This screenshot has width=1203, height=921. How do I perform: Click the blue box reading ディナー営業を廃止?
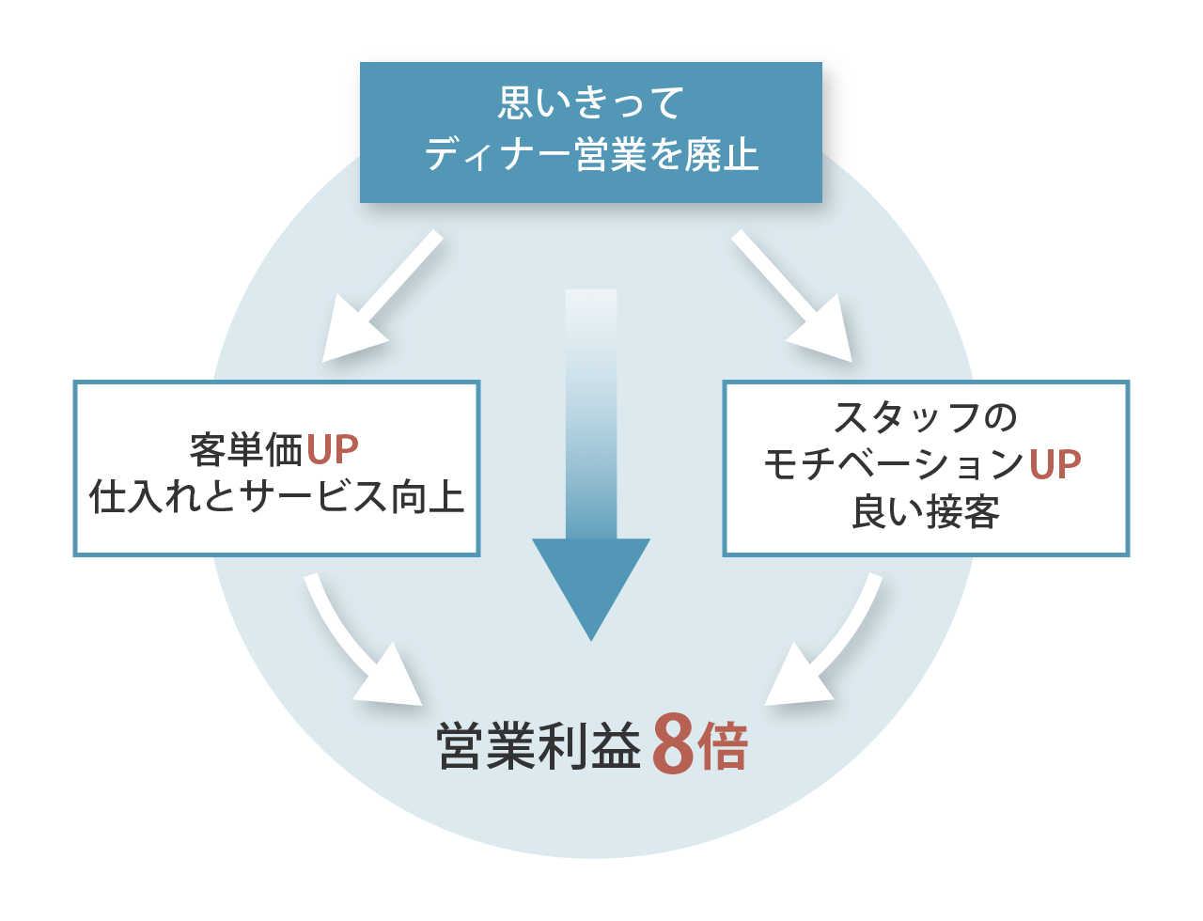coord(590,132)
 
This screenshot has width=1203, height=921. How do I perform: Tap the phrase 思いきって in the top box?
coord(590,102)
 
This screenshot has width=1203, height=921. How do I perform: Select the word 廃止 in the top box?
coord(721,155)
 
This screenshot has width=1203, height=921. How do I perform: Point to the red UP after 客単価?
coord(333,450)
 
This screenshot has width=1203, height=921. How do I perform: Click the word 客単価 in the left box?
coord(246,450)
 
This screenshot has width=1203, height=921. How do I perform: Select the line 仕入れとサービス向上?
coord(276,496)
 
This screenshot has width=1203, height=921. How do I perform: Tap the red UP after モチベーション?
coord(1055,464)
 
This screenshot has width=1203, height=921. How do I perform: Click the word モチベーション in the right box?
coord(894,464)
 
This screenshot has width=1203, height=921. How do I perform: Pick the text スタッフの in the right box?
coord(926,416)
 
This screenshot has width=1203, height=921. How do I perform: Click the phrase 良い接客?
coord(926,513)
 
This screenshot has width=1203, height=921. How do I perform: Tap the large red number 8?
coord(672,745)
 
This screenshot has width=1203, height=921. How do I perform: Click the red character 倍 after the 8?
coord(722,747)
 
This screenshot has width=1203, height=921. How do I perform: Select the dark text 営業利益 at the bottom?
coord(539,747)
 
